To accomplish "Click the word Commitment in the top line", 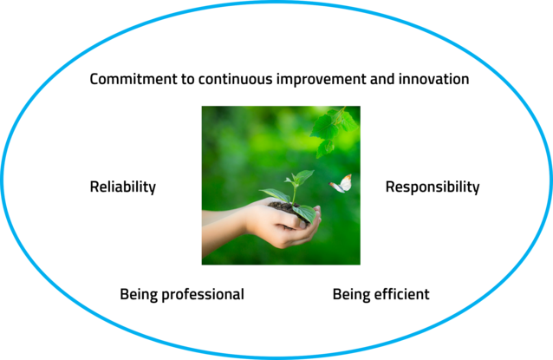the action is click(134, 79).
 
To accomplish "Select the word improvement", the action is click(322, 80).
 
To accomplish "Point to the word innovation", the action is click(433, 79).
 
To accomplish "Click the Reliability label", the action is click(123, 187).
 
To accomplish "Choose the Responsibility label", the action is click(433, 187).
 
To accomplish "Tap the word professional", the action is click(203, 295).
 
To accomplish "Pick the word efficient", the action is click(401, 294).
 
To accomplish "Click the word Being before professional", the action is click(139, 295).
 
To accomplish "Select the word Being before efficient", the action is click(351, 295).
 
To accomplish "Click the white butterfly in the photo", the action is click(341, 184).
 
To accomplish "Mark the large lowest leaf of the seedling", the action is click(304, 213).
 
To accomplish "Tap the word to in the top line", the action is click(188, 80).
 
